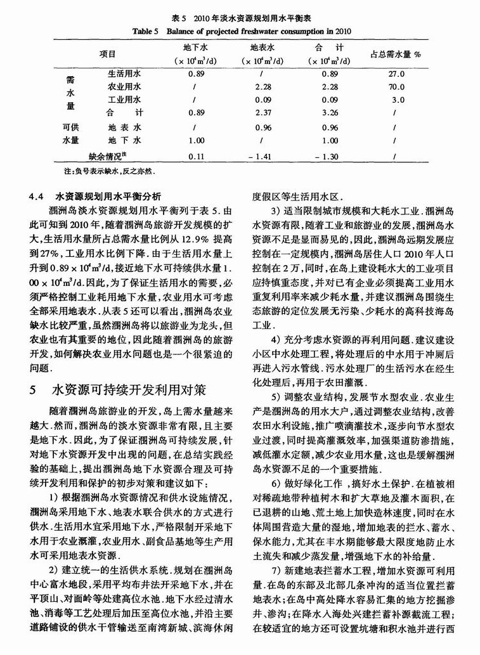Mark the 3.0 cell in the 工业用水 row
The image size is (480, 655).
[398, 100]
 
